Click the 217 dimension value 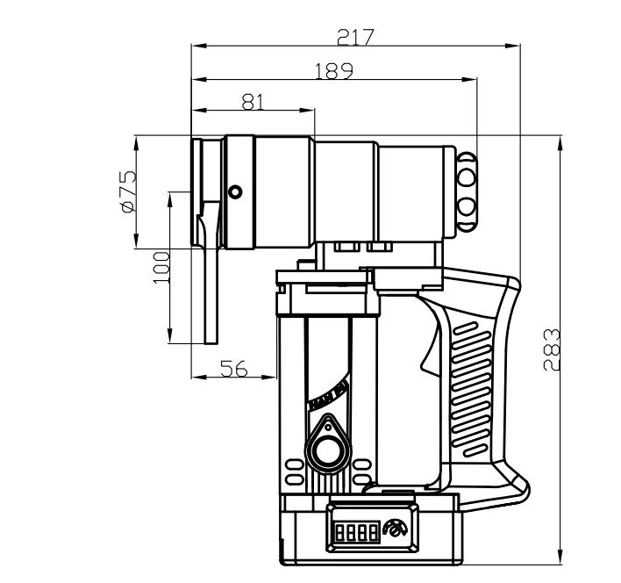coord(356,36)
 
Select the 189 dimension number coord(334,69)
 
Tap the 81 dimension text coord(252,101)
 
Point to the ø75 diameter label coord(127,191)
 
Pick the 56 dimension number coord(232,370)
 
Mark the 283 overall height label coord(551,349)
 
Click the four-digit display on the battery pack coord(354,531)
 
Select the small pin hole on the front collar coord(234,191)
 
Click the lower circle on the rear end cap coord(467,208)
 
